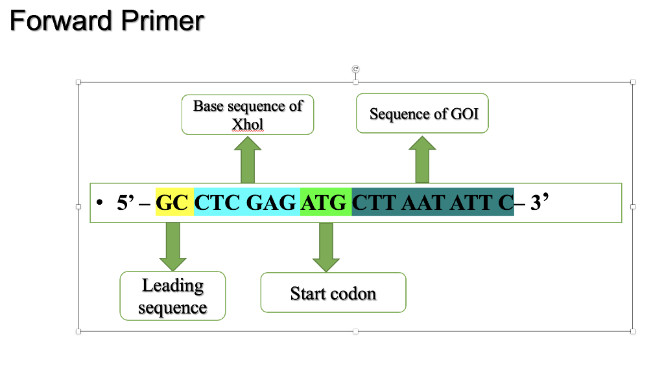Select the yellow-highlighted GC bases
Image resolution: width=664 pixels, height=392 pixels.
click(x=173, y=203)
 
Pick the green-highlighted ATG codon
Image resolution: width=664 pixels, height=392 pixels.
click(x=325, y=203)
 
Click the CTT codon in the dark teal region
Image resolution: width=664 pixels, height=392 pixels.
click(x=375, y=203)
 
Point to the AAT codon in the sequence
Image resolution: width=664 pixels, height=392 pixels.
click(x=425, y=203)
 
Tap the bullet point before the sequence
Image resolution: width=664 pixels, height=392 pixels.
click(x=99, y=203)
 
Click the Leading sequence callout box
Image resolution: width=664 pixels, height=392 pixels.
click(x=172, y=295)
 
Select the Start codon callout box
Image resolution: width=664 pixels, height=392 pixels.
click(x=333, y=293)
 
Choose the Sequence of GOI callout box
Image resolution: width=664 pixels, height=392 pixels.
click(x=423, y=114)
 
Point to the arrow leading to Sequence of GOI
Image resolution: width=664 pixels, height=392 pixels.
click(x=422, y=160)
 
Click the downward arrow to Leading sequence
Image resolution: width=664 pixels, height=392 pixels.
click(x=172, y=245)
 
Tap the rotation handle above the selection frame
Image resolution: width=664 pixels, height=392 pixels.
click(x=355, y=69)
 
